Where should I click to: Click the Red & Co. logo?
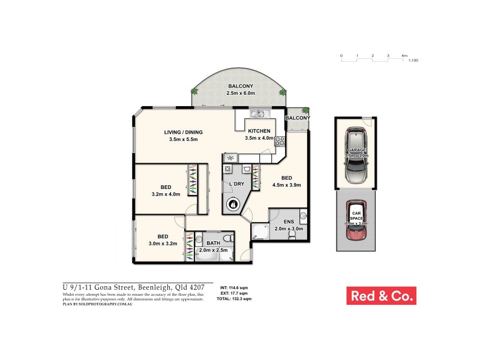coord(381,296)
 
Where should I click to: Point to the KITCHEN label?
coord(259,131)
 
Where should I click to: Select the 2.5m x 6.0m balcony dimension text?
coord(241,94)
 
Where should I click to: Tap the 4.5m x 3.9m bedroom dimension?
coord(287,185)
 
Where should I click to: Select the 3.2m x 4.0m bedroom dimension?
coord(166,194)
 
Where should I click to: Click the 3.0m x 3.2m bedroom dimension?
coord(163,244)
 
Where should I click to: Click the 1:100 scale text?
coord(412,61)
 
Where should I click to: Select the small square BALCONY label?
coord(297,118)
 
